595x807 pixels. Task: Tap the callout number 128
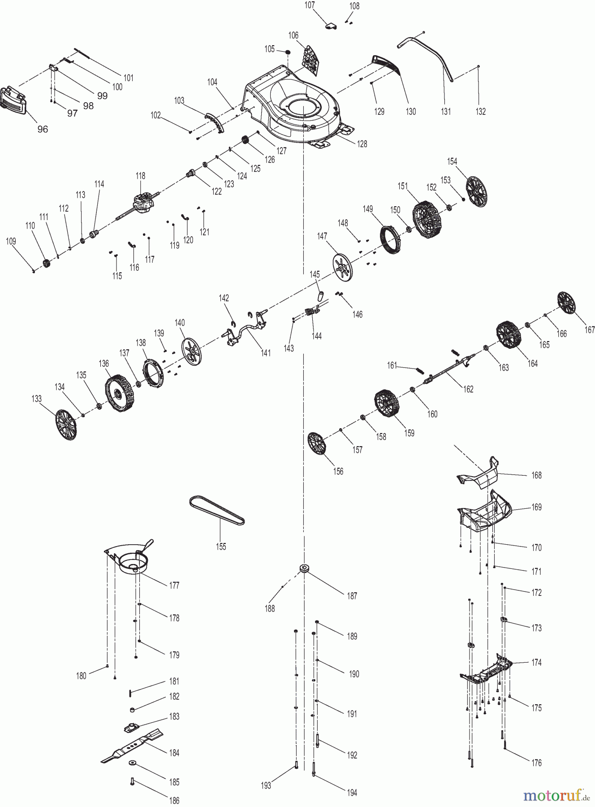pyautogui.click(x=362, y=144)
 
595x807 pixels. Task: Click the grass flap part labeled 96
pyautogui.click(x=14, y=100)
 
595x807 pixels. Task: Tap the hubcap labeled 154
pyautogui.click(x=476, y=191)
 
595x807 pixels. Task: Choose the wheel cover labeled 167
pyautogui.click(x=566, y=303)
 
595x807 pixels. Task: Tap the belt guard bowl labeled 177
pyautogui.click(x=131, y=560)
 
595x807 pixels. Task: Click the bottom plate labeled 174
pyautogui.click(x=486, y=670)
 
